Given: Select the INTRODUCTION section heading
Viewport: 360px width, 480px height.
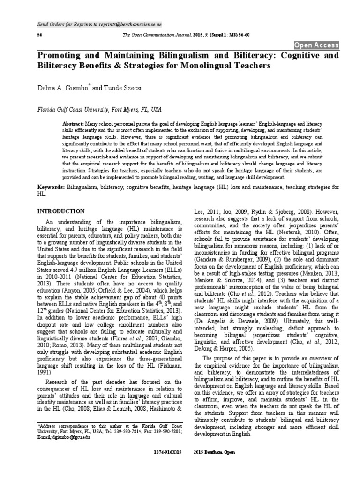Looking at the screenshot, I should [61, 211].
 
